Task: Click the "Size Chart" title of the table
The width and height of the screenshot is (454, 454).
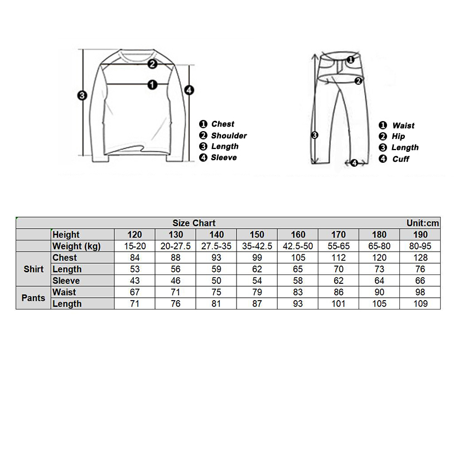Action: coord(194,223)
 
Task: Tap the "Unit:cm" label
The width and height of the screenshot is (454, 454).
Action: coord(423,223)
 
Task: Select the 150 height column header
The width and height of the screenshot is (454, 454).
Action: coord(257,235)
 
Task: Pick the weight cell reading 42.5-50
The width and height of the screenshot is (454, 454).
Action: coord(298,247)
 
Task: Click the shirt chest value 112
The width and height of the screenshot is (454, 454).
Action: coord(339,258)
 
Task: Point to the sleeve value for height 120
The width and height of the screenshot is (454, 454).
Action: coord(134,281)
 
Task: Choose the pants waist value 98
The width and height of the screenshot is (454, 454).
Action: coord(421,292)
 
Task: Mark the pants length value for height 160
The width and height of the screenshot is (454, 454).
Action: coord(298,304)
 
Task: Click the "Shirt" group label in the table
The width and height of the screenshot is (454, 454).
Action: coord(33,269)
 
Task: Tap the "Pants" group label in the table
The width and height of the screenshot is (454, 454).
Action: coord(33,298)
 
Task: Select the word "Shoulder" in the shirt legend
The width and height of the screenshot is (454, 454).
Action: coord(229,136)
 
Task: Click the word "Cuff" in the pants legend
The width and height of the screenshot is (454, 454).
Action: coord(400,159)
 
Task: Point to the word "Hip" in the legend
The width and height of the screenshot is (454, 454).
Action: coord(398,137)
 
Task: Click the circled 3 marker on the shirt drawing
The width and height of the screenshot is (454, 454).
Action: coord(83,95)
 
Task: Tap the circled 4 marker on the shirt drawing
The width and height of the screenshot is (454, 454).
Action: coord(189,89)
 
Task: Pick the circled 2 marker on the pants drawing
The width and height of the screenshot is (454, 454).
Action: coord(359,80)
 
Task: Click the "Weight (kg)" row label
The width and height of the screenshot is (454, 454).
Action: coord(76,247)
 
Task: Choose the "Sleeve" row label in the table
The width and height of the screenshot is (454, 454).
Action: coord(66,281)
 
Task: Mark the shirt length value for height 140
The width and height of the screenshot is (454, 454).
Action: coord(216,269)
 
